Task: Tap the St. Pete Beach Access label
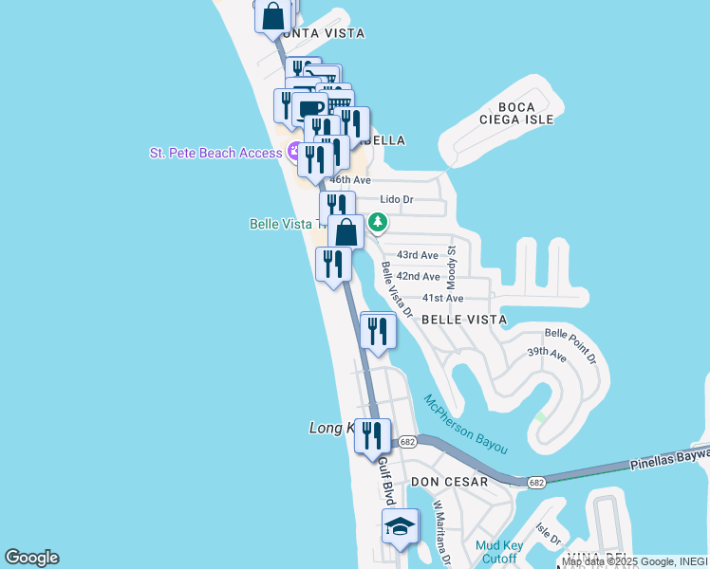pyautogui.click(x=215, y=153)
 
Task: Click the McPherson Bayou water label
pyautogui.click(x=465, y=423)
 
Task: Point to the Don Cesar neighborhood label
pyautogui.click(x=449, y=482)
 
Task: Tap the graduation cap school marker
pyautogui.click(x=400, y=526)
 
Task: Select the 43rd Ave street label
pyautogui.click(x=418, y=255)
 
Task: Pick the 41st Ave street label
pyautogui.click(x=442, y=298)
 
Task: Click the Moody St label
pyautogui.click(x=453, y=268)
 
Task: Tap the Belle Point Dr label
pyautogui.click(x=570, y=346)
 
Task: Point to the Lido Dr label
pyautogui.click(x=397, y=199)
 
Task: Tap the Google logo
pyautogui.click(x=31, y=558)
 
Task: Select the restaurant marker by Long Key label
pyautogui.click(x=371, y=435)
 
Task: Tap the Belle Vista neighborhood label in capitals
pyautogui.click(x=463, y=320)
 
